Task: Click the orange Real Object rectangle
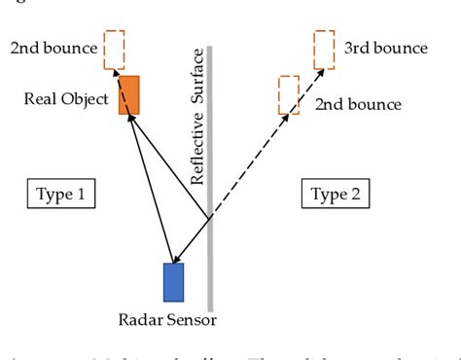[x=129, y=94]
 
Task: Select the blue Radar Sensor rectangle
[x=174, y=282]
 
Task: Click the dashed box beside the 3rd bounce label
[x=324, y=50]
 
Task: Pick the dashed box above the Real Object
[x=114, y=51]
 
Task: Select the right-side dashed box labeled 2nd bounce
[x=288, y=94]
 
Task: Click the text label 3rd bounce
[x=385, y=48]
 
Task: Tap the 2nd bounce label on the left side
[x=53, y=47]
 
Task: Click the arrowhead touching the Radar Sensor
[x=175, y=258]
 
